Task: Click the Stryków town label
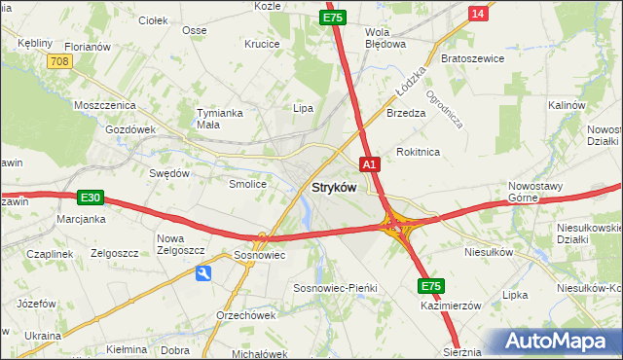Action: [x=334, y=187]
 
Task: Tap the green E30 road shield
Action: [x=91, y=198]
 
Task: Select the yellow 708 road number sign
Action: [x=59, y=61]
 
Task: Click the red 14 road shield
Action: [x=477, y=13]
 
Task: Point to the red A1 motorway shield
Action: [x=370, y=164]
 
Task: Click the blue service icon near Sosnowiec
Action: [x=204, y=274]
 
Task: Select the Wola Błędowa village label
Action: [x=384, y=37]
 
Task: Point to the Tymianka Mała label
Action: [x=219, y=118]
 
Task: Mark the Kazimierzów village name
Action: [x=452, y=305]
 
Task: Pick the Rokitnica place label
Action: [x=419, y=152]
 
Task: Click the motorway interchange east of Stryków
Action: [x=398, y=227]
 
